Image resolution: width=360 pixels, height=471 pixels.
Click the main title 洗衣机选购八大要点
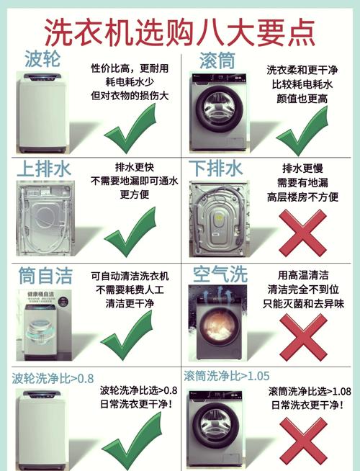(x=180, y=30)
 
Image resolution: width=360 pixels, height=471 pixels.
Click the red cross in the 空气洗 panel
(x=302, y=336)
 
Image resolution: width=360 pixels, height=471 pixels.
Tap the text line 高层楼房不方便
(x=302, y=197)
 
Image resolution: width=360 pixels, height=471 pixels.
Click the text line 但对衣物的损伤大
(x=130, y=94)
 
